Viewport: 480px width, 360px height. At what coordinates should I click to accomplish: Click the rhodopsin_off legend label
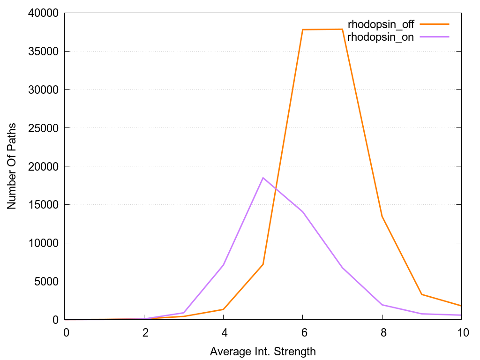pos(381,24)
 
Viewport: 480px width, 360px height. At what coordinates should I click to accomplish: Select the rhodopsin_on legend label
pos(381,37)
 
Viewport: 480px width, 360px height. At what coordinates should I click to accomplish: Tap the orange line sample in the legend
pos(435,24)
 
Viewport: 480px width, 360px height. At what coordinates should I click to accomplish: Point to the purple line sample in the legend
pos(435,37)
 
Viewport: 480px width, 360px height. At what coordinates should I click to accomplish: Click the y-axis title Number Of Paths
pos(11,166)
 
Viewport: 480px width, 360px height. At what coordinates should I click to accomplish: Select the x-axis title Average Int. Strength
pos(263,351)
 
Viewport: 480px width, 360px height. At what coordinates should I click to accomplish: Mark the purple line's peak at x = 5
pos(263,178)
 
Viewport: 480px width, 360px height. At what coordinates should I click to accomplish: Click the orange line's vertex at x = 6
pos(303,30)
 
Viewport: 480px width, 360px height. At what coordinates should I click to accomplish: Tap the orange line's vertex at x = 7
pos(343,29)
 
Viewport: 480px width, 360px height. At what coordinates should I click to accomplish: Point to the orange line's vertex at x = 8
pos(382,216)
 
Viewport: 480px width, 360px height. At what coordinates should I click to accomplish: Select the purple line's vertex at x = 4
pos(224,265)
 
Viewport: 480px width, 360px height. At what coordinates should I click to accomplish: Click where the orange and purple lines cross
pos(274,189)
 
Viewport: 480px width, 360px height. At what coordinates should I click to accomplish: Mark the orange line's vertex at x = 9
pos(422,294)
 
